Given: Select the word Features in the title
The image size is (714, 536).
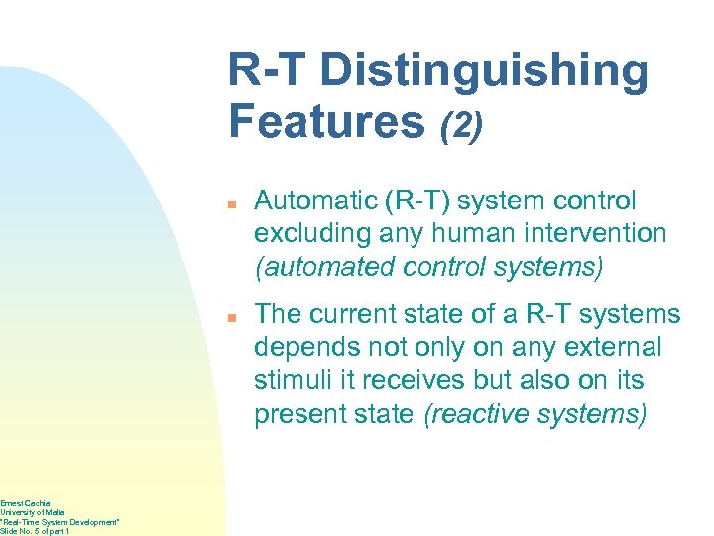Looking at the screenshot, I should [x=326, y=121].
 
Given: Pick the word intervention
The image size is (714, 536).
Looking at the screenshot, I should [x=591, y=234].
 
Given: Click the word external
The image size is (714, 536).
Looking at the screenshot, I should [x=614, y=348].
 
